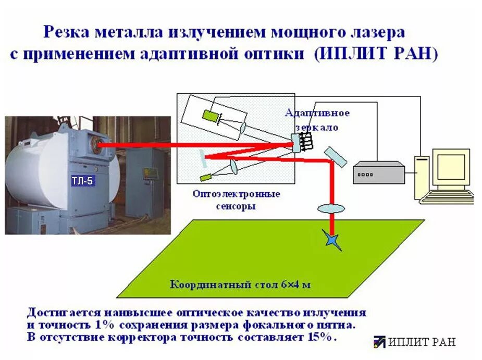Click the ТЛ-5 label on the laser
(83, 181)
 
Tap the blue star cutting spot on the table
(332, 240)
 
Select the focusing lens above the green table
(331, 208)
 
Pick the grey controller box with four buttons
(379, 172)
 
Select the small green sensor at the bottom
(204, 177)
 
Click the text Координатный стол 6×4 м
(240, 285)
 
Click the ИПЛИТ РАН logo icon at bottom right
(379, 342)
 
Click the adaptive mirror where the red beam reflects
(296, 143)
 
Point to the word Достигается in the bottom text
(58, 313)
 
